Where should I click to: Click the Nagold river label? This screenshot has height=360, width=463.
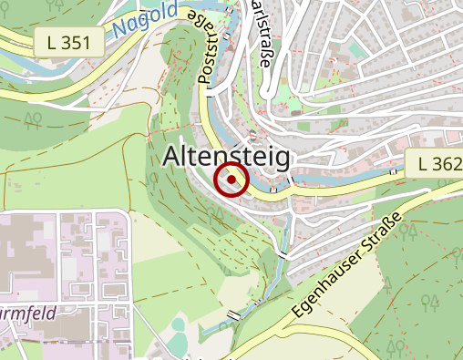tap(147, 24)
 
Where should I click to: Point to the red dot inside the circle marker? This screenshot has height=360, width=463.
tap(231, 180)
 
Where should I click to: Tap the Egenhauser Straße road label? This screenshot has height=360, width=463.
tap(348, 268)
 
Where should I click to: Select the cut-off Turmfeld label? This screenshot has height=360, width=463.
tap(27, 312)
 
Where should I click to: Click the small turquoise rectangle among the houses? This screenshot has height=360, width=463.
tap(355, 49)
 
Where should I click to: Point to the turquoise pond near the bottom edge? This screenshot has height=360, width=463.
tap(179, 343)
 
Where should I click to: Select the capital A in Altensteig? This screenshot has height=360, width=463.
tap(172, 158)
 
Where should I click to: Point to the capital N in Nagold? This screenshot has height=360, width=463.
tap(121, 30)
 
